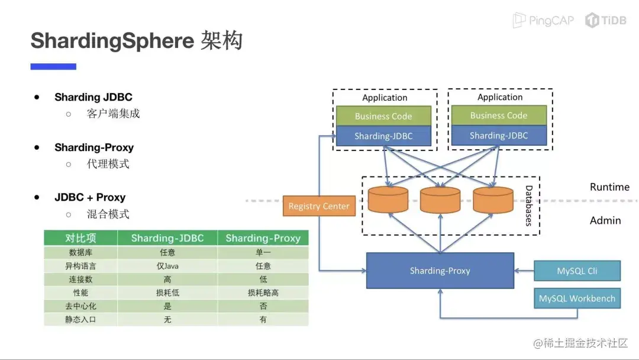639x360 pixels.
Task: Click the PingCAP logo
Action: coord(543,20)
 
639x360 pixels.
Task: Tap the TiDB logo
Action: coord(606,20)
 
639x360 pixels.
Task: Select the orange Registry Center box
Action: coord(319,206)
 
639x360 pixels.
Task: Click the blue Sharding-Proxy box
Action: coord(440,271)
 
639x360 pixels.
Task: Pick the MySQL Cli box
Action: coord(577,271)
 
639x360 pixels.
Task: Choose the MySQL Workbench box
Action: coord(577,298)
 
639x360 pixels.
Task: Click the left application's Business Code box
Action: coord(383,116)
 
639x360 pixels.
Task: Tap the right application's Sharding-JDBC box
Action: coord(499,136)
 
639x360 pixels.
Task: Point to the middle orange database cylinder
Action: coord(440,200)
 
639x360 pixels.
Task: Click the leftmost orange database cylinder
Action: coord(388,200)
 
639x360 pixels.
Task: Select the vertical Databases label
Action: coord(529,205)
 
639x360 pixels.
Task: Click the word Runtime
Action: coord(609,187)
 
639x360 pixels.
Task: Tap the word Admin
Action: coord(605,220)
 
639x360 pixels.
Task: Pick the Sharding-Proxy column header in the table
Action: coord(263,238)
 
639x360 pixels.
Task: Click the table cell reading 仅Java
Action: coord(167,266)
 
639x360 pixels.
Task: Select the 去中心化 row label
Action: coord(80,306)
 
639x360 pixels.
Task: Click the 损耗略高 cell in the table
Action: coord(263,292)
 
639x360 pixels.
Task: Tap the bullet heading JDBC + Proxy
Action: coord(90,197)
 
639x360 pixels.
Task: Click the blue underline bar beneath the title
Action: coord(53,67)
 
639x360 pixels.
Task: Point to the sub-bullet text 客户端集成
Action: coord(113,114)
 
